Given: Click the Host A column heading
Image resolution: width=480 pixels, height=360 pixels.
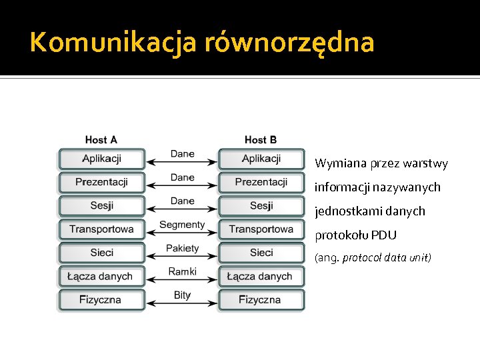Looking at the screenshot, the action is coord(101,140).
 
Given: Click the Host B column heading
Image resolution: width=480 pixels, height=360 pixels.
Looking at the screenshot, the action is coord(261,140).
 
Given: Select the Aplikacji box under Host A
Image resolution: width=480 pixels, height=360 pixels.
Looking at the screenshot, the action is coord(101,159).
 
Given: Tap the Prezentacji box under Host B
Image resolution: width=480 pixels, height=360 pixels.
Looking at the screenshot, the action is coord(261,182).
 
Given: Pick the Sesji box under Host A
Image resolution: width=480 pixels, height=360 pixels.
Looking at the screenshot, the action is coord(101,205).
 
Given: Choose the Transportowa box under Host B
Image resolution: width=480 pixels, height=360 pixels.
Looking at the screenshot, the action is coord(261,229).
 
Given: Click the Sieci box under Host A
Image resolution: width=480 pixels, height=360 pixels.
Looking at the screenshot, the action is coord(101,253).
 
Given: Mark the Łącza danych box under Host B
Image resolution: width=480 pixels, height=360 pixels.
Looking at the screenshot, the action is coord(261,276).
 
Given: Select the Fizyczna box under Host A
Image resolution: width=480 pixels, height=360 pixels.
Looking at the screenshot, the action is coord(101,300).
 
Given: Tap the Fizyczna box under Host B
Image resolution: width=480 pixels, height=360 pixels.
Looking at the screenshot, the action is coord(261,300).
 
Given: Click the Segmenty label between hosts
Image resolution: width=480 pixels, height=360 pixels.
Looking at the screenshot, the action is coord(182,225).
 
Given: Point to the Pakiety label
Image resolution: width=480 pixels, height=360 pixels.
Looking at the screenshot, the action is coord(182,248).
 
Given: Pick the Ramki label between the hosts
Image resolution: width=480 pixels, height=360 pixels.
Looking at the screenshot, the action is coord(182,271).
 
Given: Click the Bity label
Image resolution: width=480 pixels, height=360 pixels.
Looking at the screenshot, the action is coord(182,295).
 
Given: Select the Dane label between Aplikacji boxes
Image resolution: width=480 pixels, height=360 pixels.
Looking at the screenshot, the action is coord(182,154).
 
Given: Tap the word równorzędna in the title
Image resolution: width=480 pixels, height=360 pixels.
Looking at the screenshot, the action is coord(290,43).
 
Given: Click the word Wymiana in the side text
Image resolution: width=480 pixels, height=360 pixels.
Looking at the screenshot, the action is coord(338,163).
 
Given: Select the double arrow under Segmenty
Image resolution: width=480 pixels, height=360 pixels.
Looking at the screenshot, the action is coord(181,234).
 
